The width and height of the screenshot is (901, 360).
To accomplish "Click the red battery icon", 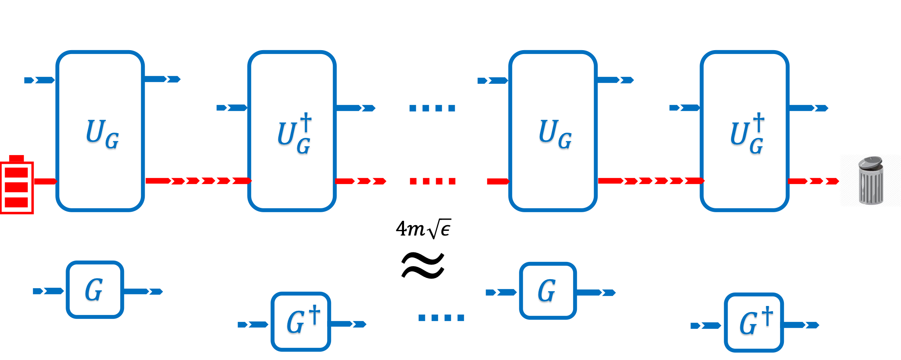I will [x=17, y=185].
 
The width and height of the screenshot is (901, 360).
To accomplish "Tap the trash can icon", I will [x=870, y=180].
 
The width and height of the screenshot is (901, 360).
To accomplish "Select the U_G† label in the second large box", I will [x=295, y=135].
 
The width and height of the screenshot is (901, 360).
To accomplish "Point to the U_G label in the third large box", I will [x=555, y=135].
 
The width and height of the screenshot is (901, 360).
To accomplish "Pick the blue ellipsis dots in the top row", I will [x=432, y=108].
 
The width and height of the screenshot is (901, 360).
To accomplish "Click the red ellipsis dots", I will [x=432, y=181].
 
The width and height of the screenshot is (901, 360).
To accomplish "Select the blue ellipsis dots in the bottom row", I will [x=441, y=318].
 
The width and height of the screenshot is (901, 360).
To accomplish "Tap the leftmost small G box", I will [x=95, y=290].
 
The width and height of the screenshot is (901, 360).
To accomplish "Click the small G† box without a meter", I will [x=301, y=322].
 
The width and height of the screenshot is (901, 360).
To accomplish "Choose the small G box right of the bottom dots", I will [x=548, y=291].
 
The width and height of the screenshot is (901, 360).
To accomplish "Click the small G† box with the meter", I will [x=754, y=323].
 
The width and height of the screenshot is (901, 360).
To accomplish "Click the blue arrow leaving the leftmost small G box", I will [x=143, y=291].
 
